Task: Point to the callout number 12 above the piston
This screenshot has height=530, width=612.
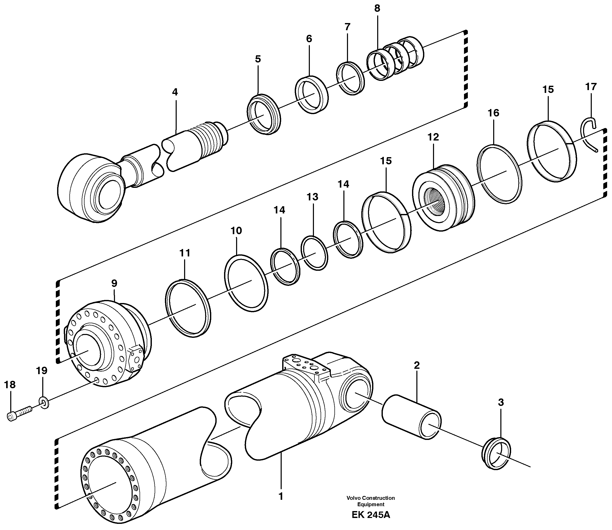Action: [x=433, y=137]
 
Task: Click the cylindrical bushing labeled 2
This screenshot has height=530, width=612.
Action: [x=411, y=416]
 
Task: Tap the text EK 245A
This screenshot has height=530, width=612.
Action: [x=371, y=515]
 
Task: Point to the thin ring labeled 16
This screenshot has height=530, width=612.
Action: [x=500, y=171]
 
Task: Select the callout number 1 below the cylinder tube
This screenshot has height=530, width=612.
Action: [x=281, y=496]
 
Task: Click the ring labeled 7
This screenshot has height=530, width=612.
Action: [x=350, y=78]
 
